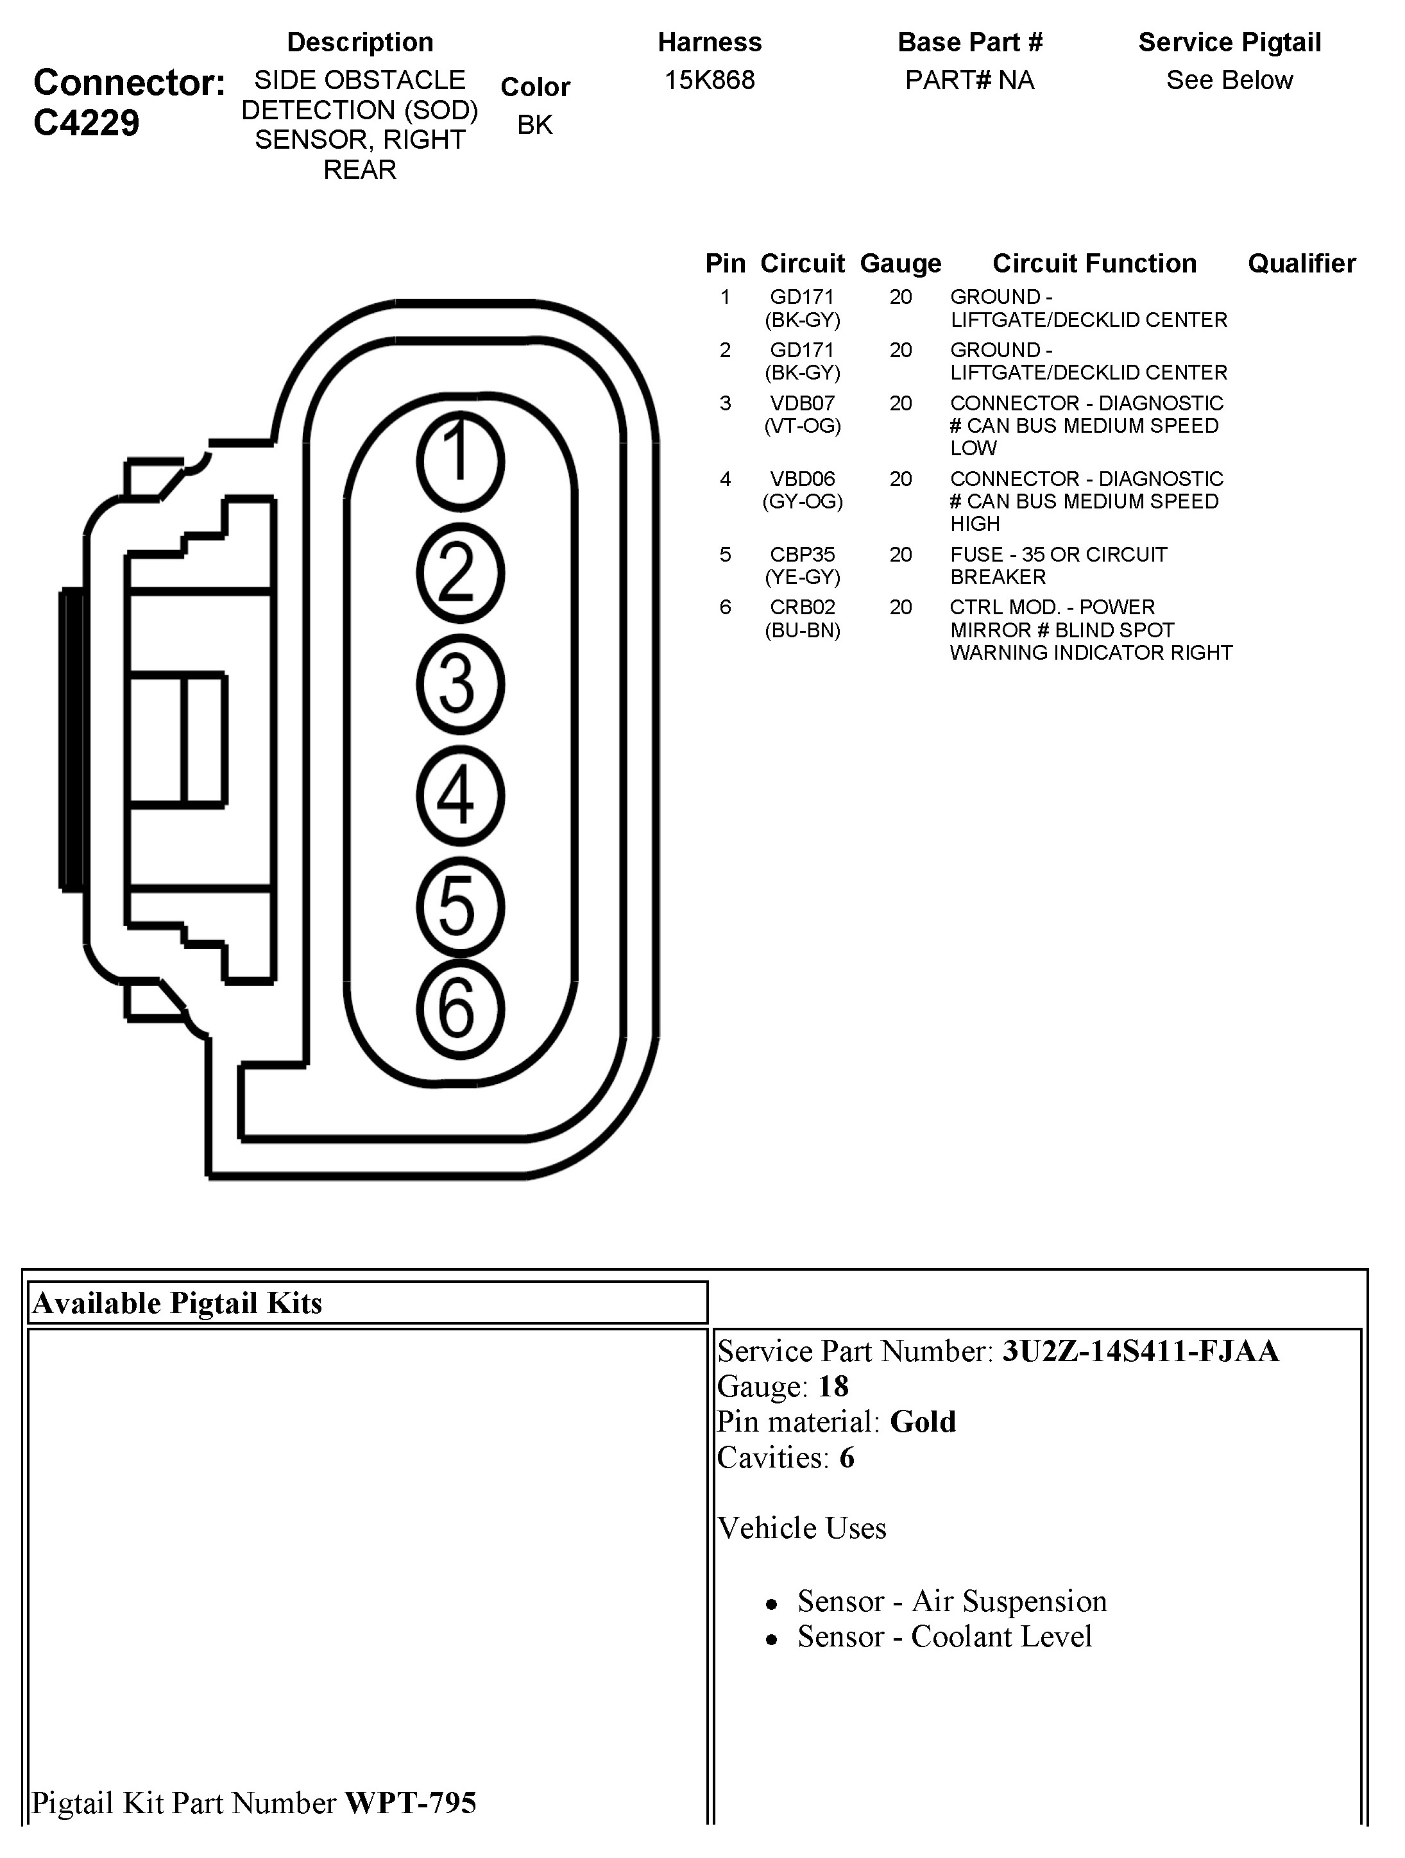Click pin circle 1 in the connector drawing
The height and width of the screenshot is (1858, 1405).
coord(459,461)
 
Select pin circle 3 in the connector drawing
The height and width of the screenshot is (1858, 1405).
coord(459,683)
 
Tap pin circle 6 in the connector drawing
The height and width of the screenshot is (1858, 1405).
coord(459,1009)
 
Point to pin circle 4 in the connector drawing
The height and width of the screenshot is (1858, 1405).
coord(459,796)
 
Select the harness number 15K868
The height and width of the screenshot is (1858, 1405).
coord(709,81)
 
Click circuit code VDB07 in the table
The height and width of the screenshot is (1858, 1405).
coord(803,403)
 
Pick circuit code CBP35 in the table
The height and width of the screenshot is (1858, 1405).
coord(803,555)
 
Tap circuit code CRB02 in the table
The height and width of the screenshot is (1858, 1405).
coord(803,607)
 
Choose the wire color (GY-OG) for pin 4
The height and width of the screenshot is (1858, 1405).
coord(803,501)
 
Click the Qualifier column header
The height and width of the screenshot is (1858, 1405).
coord(1302,264)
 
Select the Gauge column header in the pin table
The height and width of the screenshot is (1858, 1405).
coord(901,264)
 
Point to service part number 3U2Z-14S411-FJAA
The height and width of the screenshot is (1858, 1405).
coord(1140,1351)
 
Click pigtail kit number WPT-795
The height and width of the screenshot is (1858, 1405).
coord(411,1803)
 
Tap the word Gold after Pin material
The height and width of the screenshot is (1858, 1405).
coord(923,1421)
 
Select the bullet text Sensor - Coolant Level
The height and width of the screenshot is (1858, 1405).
coord(944,1636)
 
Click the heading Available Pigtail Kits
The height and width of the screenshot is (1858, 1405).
coord(177,1303)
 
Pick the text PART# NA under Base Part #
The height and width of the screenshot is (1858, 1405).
coord(970,81)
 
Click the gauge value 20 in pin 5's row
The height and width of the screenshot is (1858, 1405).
coord(901,555)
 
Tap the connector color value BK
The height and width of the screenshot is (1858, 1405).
coord(535,125)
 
